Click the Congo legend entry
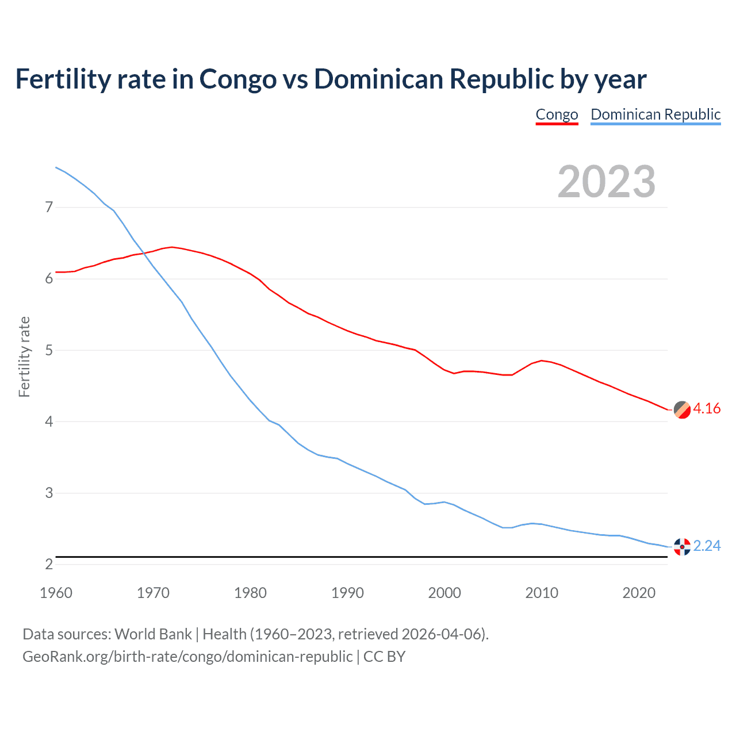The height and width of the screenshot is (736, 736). click(x=557, y=114)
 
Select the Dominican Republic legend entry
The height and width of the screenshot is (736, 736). click(x=655, y=114)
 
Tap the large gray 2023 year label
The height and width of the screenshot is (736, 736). click(x=607, y=182)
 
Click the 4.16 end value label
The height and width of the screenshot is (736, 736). click(x=707, y=409)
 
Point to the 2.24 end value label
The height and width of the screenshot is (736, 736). click(x=707, y=546)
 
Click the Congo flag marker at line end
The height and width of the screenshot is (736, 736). click(x=682, y=410)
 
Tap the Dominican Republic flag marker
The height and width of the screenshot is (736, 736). click(x=682, y=547)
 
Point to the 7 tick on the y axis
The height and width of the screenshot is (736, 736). click(x=49, y=207)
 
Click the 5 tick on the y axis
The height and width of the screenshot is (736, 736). click(x=49, y=350)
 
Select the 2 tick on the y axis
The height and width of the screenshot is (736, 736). click(x=49, y=565)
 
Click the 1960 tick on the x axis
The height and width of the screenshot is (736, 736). click(x=56, y=593)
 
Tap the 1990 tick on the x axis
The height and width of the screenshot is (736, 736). click(x=347, y=593)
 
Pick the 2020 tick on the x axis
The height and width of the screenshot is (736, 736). click(x=639, y=593)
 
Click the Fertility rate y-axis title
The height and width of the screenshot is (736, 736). click(x=24, y=356)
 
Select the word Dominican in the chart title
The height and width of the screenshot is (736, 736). click(x=378, y=79)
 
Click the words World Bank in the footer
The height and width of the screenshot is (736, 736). click(x=153, y=634)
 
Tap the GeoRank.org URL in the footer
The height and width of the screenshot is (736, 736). click(x=187, y=657)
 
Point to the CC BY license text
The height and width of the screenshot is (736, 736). click(x=384, y=657)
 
